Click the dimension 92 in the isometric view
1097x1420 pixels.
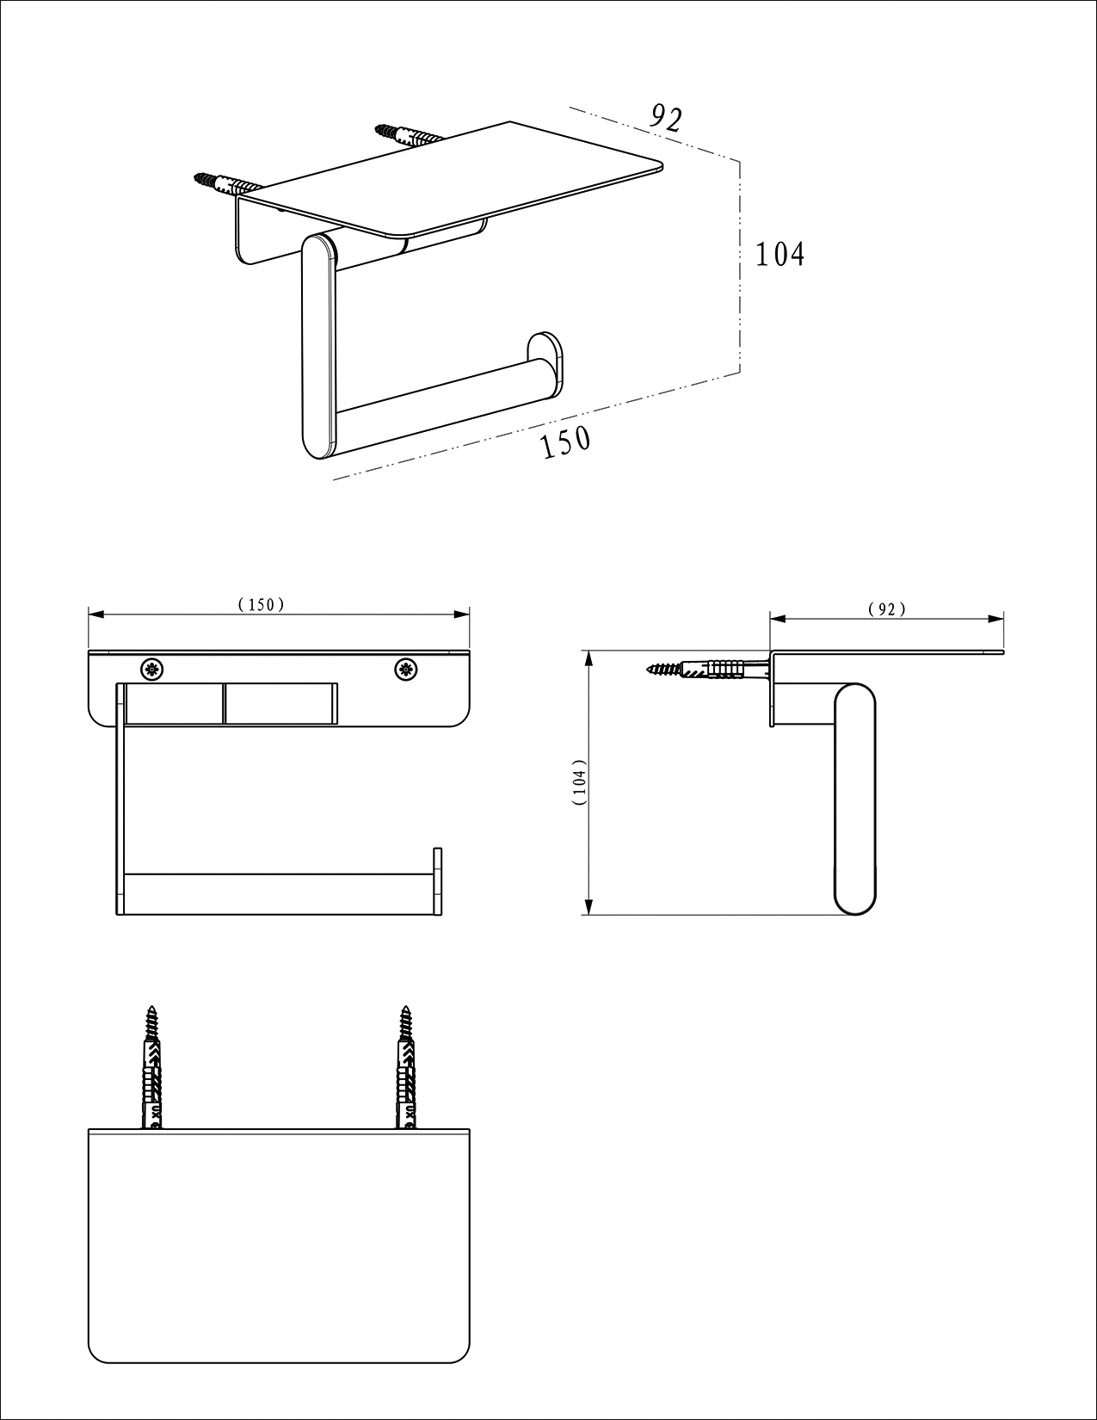tap(667, 118)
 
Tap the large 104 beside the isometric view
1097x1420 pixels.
tap(780, 254)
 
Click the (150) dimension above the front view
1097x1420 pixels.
tap(261, 604)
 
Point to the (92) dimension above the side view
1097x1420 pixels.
tap(886, 609)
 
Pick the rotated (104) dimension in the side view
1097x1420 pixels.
tap(580, 782)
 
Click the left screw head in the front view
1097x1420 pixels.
tap(151, 670)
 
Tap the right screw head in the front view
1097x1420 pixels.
tap(406, 670)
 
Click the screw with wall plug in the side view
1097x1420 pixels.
tap(710, 670)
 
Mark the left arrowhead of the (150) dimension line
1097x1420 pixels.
tap(96, 614)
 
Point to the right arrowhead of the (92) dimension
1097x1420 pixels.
tap(995, 618)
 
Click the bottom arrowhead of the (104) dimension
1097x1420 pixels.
tap(589, 906)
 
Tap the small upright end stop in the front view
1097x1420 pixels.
tap(438, 880)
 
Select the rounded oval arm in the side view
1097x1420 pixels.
tap(855, 799)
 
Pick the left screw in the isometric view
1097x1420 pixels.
tap(225, 183)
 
